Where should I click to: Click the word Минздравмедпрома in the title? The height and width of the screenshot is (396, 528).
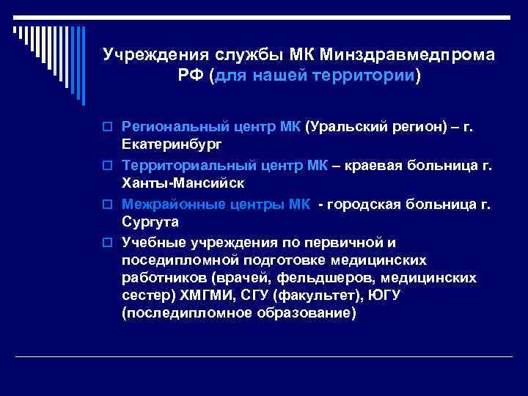(x=407, y=55)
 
